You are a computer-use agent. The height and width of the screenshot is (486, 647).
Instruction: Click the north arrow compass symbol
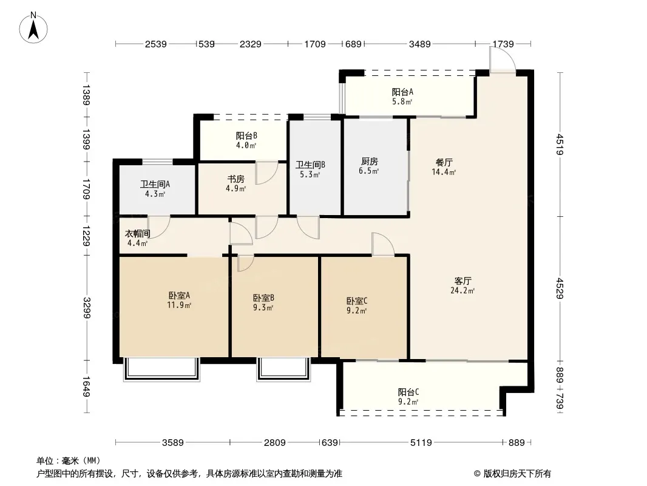(x=33, y=28)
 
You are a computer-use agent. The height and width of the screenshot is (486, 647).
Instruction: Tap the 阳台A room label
(x=402, y=92)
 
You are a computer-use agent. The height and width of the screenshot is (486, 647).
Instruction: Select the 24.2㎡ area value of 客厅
(x=462, y=291)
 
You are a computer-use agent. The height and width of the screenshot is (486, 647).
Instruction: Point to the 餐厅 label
(x=444, y=162)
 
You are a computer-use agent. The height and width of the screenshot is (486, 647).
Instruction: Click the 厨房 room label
(x=369, y=162)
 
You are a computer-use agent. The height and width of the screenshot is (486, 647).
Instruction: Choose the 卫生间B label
(x=310, y=165)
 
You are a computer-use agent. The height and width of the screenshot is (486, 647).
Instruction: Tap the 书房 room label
(x=236, y=179)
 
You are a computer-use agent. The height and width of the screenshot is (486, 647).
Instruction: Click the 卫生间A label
(x=155, y=184)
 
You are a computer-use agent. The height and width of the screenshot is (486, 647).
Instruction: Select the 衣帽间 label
(x=137, y=234)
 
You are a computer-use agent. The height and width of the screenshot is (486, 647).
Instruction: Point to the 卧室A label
(x=179, y=296)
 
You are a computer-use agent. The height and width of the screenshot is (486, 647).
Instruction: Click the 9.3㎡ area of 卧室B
(x=263, y=307)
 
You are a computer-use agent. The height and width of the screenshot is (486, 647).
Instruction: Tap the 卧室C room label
(x=357, y=301)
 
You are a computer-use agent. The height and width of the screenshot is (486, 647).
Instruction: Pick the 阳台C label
(x=408, y=392)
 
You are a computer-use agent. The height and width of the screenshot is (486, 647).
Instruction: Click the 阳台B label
(x=247, y=135)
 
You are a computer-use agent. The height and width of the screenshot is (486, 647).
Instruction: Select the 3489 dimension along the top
(x=419, y=44)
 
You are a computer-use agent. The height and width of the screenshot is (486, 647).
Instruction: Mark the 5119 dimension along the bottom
(x=421, y=443)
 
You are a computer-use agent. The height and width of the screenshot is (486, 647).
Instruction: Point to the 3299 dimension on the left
(x=87, y=308)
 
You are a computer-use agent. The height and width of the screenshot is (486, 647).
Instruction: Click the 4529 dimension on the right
(x=560, y=288)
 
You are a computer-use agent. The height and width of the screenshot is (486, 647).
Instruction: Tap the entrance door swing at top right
(x=503, y=60)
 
